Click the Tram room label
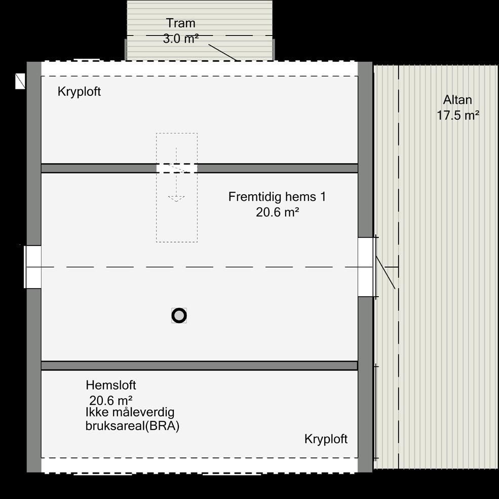click(x=181, y=23)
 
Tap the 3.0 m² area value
click(x=180, y=39)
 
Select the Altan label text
click(x=457, y=99)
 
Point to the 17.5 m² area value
click(x=458, y=116)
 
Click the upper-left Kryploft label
click(x=79, y=92)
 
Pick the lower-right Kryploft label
click(x=326, y=439)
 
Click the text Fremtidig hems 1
click(x=277, y=197)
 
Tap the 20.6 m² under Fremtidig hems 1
click(x=277, y=212)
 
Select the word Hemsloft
click(x=111, y=385)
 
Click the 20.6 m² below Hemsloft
click(x=111, y=400)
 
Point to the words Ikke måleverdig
click(x=130, y=412)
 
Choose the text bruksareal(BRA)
click(x=133, y=426)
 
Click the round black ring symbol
click(x=179, y=315)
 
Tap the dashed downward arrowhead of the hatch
click(x=176, y=198)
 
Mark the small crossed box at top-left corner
click(x=20, y=81)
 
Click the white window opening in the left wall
click(x=33, y=267)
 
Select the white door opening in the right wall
click(x=366, y=267)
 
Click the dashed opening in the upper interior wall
click(x=176, y=168)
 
